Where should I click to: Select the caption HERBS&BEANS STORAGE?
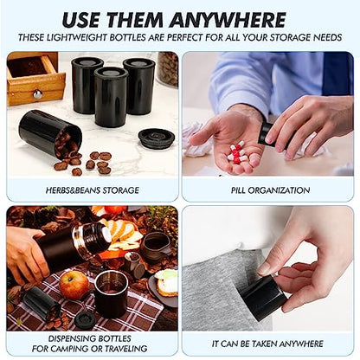[x=93, y=190]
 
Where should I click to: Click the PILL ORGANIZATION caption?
[x=270, y=190]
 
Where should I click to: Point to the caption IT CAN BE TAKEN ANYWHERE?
[x=267, y=344]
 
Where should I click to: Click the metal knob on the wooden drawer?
[x=37, y=93]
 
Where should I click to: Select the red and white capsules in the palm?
[x=236, y=151]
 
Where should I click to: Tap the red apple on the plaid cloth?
[x=74, y=285]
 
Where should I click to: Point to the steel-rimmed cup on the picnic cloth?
[x=111, y=293]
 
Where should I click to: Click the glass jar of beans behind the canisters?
[x=167, y=69]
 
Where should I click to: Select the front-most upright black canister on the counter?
[x=111, y=97]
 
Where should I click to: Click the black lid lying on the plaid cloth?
[x=84, y=320]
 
